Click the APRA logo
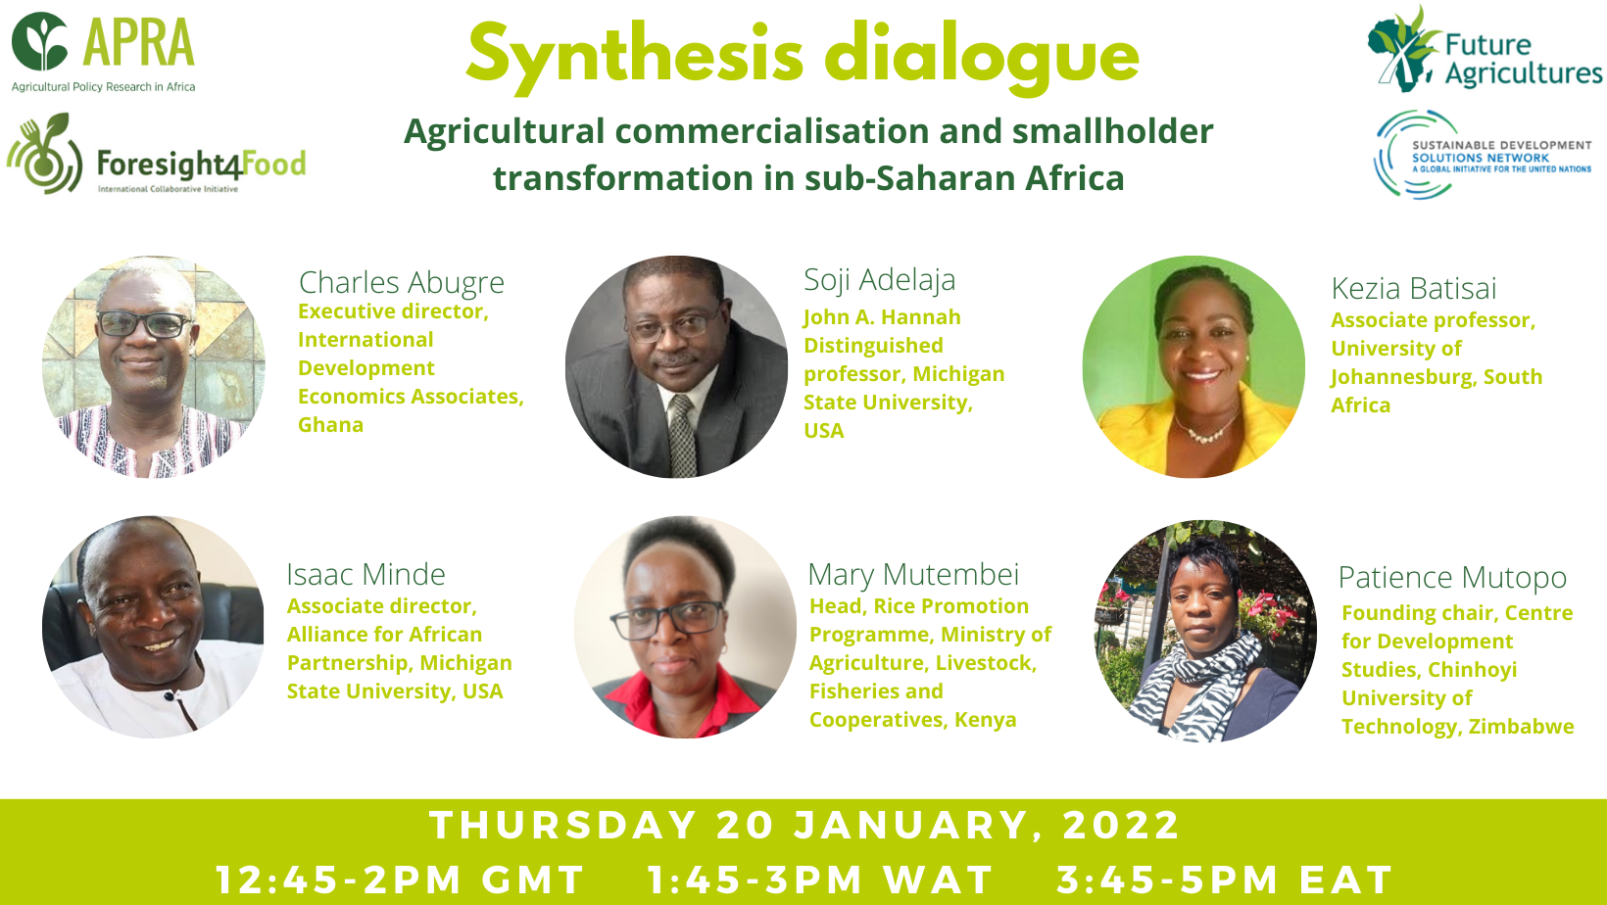[x=103, y=52]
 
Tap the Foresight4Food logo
[x=157, y=154]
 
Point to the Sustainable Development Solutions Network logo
[x=1483, y=154]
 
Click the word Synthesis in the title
[x=635, y=58]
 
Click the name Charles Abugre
[x=401, y=282]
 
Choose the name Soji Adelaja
[x=880, y=280]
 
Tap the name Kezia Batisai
[x=1414, y=288]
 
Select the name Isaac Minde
[x=365, y=574]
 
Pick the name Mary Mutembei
[x=913, y=574]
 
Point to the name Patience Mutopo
[x=1453, y=578]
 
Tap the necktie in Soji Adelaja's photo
[x=682, y=435]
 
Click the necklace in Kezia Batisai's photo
[x=1206, y=429]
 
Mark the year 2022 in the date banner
[x=1121, y=825]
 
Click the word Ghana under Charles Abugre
[x=331, y=425]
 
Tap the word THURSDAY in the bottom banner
[x=563, y=825]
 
